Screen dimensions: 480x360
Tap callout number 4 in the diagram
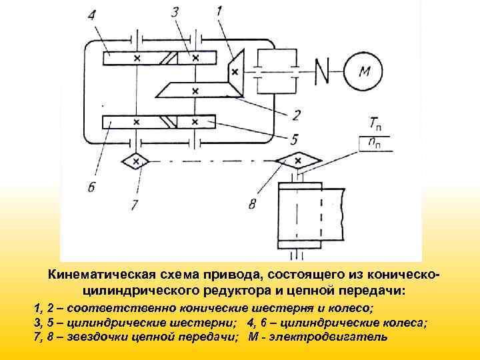coord(91,13)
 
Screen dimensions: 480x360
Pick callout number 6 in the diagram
coord(91,187)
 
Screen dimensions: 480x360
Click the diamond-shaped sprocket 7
coord(136,161)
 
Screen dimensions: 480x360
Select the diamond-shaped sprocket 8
coord(298,160)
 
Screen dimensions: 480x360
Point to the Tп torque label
coord(375,122)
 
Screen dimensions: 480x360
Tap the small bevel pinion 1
coord(235,71)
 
